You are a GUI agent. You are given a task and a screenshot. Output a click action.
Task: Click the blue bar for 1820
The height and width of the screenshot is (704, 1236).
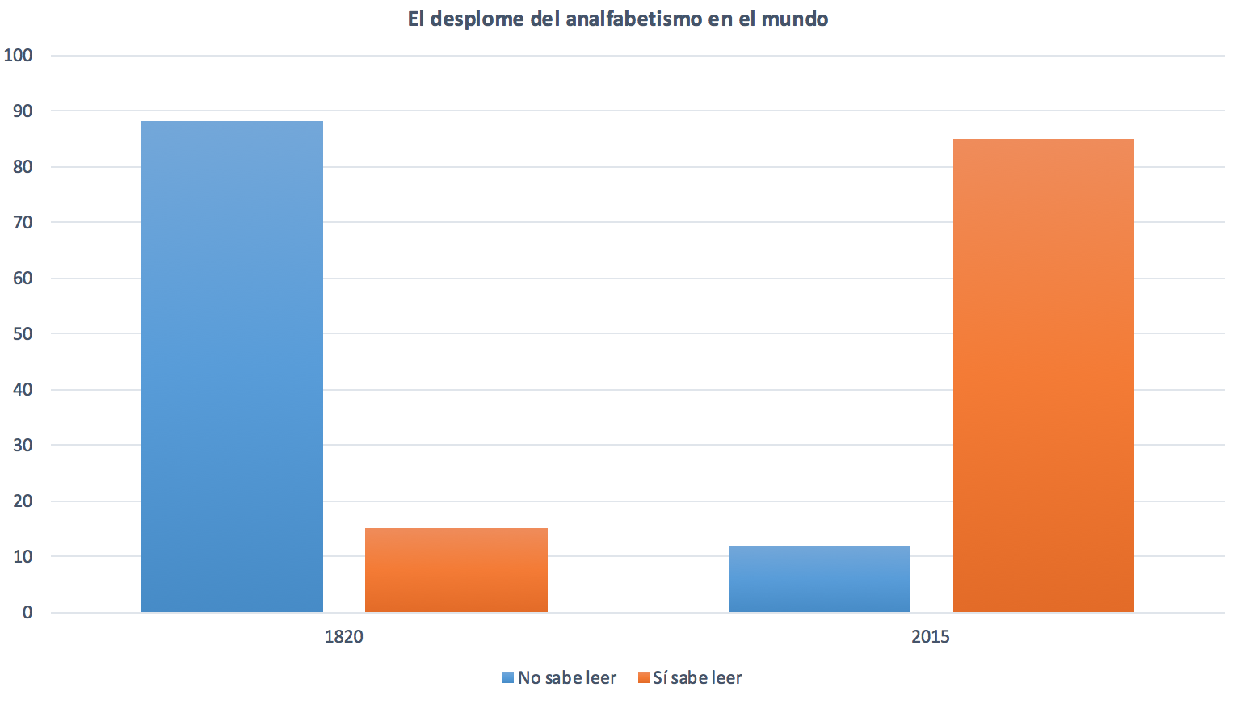tap(232, 367)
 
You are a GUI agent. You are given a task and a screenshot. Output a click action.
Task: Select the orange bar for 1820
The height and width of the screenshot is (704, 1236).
tap(456, 570)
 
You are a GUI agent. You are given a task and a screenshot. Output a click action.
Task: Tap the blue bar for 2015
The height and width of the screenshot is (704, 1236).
tap(818, 579)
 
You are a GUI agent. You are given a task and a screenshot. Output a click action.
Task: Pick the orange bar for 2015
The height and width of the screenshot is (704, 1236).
tap(1043, 375)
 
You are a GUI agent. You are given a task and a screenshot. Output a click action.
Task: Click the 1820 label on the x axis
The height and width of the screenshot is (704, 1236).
tap(344, 636)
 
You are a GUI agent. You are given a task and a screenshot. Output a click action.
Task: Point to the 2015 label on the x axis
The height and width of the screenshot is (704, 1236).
tap(931, 636)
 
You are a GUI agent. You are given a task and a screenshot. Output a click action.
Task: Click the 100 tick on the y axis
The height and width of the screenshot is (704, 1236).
tap(18, 55)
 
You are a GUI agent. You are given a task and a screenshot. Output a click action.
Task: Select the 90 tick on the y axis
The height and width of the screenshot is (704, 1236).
tap(22, 111)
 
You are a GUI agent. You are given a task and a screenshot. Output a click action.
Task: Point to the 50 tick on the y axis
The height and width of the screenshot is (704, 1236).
tap(22, 333)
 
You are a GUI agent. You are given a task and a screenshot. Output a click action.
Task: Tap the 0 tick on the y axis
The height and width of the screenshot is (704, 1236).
tap(27, 612)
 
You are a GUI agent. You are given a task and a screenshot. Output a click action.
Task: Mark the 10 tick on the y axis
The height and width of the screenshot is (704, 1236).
tap(22, 556)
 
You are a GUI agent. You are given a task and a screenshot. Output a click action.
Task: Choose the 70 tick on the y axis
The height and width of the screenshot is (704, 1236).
tap(22, 222)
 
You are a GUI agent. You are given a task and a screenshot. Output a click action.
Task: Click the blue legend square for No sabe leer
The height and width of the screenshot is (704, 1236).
tap(508, 678)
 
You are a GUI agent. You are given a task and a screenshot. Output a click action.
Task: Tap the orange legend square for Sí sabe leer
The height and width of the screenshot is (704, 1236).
tap(643, 678)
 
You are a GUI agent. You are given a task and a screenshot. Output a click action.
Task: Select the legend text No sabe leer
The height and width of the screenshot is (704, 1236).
tap(567, 678)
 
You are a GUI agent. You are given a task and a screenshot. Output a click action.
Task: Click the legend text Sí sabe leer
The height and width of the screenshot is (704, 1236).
tap(697, 678)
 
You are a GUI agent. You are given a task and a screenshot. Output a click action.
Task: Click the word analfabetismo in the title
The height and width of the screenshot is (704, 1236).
tap(634, 19)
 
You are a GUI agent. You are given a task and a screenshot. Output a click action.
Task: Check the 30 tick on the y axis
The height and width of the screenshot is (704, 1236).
tap(22, 445)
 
